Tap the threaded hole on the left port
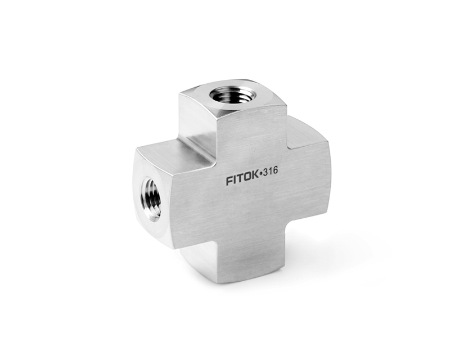tap(151, 198)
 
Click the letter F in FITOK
tap(229, 182)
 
